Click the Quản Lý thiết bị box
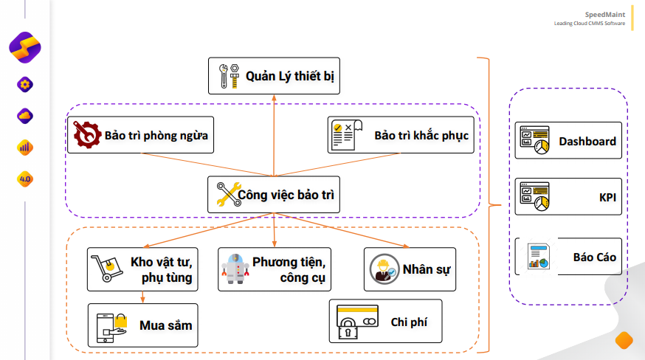tap(274, 76)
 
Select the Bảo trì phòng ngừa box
tap(140, 135)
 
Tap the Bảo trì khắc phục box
tap(401, 135)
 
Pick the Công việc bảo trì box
tap(274, 195)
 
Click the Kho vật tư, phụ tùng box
tap(142, 269)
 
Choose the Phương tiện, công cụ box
tap(275, 269)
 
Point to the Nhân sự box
tap(410, 269)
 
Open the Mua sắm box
tap(142, 325)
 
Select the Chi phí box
tap(385, 321)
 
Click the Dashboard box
tap(568, 140)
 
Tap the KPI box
tap(568, 197)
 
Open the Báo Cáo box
tap(568, 256)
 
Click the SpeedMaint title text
tap(604, 15)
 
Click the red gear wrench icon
tap(87, 134)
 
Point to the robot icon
tap(235, 269)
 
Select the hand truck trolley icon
tap(107, 269)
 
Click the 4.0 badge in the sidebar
tap(25, 179)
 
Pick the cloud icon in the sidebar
tap(25, 116)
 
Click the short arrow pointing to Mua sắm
tap(142, 297)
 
